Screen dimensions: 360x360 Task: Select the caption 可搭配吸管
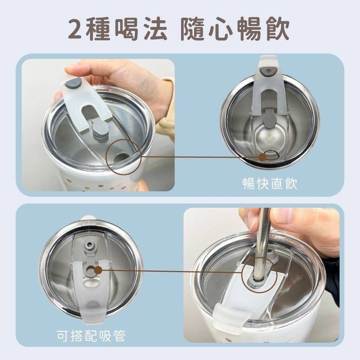91,336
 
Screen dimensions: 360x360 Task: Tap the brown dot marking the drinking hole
262,157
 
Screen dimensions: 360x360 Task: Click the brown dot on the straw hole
98,270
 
